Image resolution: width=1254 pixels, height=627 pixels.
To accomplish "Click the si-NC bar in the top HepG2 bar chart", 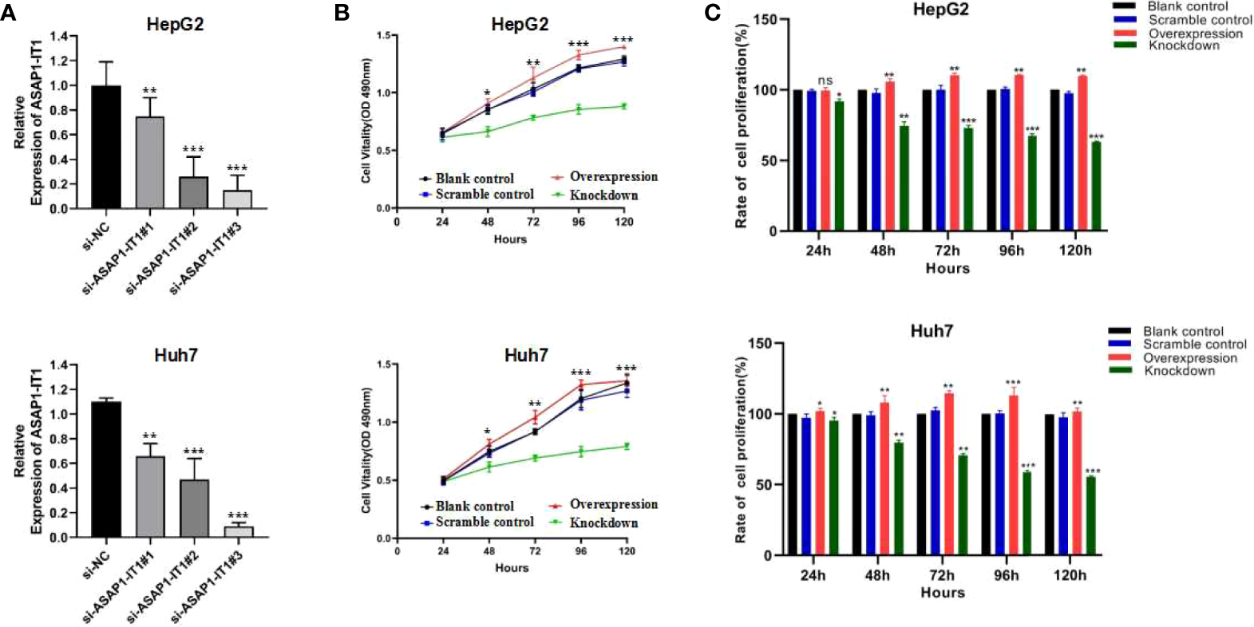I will (x=106, y=148).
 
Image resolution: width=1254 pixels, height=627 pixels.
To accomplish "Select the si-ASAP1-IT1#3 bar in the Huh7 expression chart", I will (x=238, y=531).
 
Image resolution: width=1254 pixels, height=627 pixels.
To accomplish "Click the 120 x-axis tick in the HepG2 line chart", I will (x=623, y=222).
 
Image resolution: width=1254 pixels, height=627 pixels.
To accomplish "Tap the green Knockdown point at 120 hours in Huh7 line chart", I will (x=627, y=447).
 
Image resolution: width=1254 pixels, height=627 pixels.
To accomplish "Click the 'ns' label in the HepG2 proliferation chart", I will (x=825, y=81).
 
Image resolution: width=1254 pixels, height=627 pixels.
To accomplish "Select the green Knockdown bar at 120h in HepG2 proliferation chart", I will (x=1095, y=186).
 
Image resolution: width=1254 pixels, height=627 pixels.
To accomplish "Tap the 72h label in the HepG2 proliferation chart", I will (x=947, y=250).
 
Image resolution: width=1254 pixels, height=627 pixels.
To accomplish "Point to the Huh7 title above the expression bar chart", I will (x=176, y=354).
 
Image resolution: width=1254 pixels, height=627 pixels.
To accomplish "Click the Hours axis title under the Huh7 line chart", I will (x=511, y=568).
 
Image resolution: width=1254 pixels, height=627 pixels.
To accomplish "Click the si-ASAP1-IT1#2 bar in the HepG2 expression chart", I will (x=194, y=192).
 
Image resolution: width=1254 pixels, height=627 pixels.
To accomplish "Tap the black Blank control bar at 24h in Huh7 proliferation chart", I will (x=793, y=484).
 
